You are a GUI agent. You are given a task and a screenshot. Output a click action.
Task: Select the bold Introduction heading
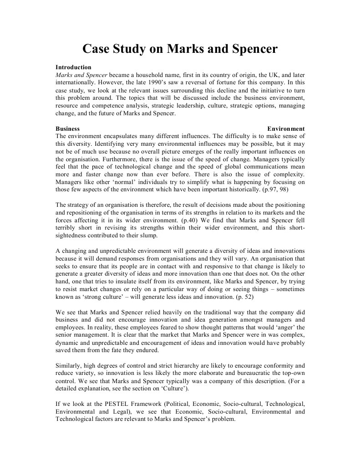(73, 67)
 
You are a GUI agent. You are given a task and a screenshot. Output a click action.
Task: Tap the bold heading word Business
(67, 129)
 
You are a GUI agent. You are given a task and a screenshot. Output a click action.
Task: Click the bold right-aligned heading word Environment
(286, 129)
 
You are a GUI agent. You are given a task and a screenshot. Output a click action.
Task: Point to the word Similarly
(68, 365)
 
